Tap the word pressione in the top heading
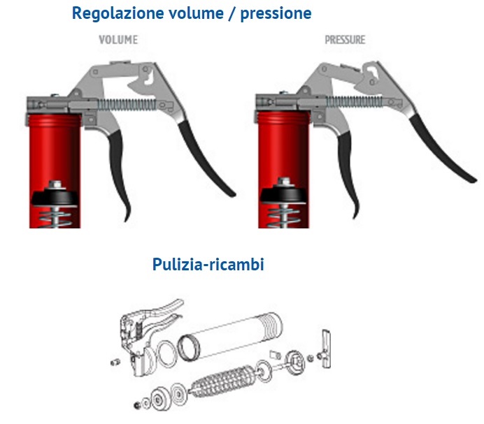[276, 14]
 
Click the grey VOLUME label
[118, 40]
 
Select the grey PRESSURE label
[345, 40]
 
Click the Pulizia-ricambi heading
[208, 265]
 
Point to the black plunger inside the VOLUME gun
[55, 198]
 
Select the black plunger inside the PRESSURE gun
[283, 195]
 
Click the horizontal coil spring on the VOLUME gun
[127, 104]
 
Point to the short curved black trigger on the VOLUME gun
[119, 173]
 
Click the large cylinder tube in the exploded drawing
[231, 336]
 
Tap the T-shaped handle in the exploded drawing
[325, 349]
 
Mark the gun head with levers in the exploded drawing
[145, 336]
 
